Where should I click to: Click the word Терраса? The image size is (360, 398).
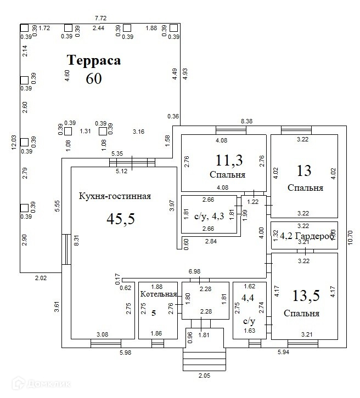(94, 60)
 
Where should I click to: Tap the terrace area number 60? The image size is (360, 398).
(94, 78)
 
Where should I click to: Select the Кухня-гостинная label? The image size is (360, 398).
(115, 196)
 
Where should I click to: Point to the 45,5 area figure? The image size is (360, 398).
(121, 219)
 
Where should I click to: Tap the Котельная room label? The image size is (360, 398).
(158, 295)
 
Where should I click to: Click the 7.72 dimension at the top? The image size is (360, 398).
(100, 19)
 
